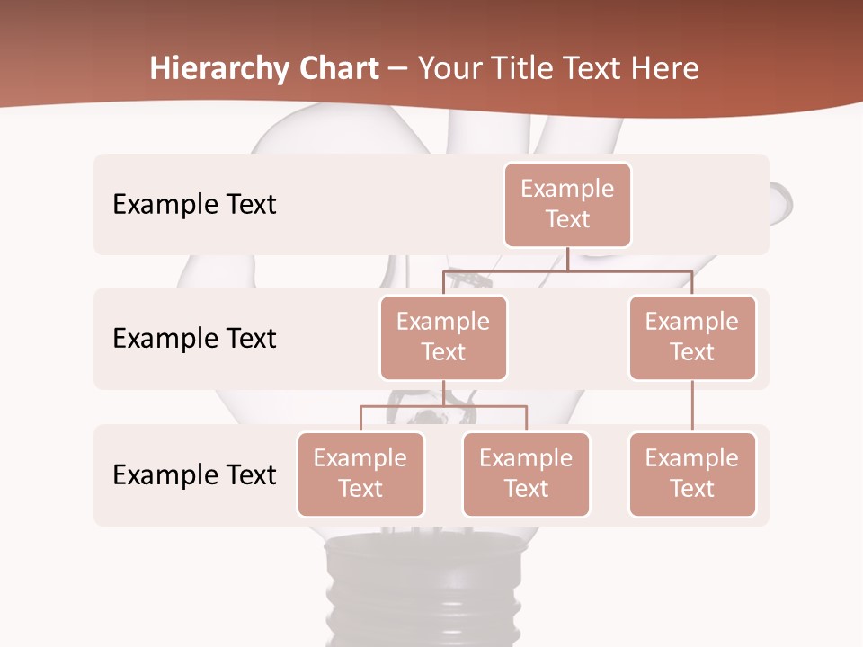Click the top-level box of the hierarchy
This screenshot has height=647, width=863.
(567, 204)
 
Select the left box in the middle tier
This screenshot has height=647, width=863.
(443, 337)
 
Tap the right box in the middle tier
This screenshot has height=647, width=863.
(692, 337)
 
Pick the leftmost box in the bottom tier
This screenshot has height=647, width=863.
(360, 474)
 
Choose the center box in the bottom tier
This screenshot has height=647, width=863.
(526, 474)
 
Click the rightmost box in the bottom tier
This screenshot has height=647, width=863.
(692, 474)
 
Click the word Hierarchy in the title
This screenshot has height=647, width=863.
(219, 68)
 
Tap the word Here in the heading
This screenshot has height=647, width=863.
(664, 68)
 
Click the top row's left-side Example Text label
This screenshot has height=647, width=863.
(194, 204)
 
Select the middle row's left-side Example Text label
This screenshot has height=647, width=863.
(194, 338)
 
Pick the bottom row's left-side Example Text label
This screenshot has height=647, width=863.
(194, 474)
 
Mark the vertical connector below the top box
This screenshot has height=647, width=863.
(567, 259)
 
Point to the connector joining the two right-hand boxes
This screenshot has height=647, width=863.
(692, 406)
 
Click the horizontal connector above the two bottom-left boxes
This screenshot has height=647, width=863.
(443, 406)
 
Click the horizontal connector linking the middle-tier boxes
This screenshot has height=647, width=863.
(567, 270)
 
